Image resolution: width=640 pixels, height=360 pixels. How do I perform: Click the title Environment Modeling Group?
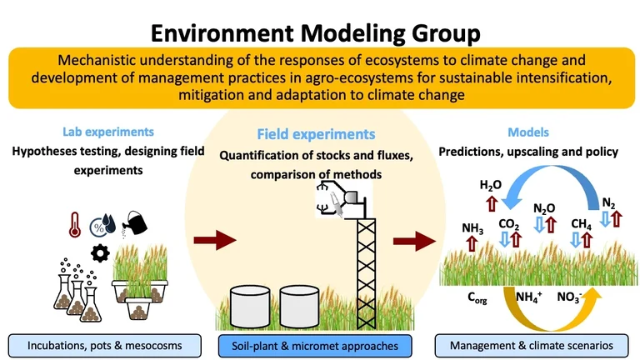pyautogui.click(x=320, y=33)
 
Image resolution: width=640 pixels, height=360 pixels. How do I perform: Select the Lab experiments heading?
pyautogui.click(x=96, y=132)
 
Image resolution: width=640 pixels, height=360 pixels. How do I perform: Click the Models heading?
pyautogui.click(x=528, y=132)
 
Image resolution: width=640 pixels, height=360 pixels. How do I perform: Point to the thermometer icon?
pyautogui.click(x=74, y=223)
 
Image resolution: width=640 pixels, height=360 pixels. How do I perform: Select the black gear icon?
pyautogui.click(x=102, y=252)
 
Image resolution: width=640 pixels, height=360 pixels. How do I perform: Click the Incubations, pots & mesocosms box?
pyautogui.click(x=107, y=343)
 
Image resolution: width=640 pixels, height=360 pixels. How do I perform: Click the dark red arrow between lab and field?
pyautogui.click(x=215, y=242)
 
